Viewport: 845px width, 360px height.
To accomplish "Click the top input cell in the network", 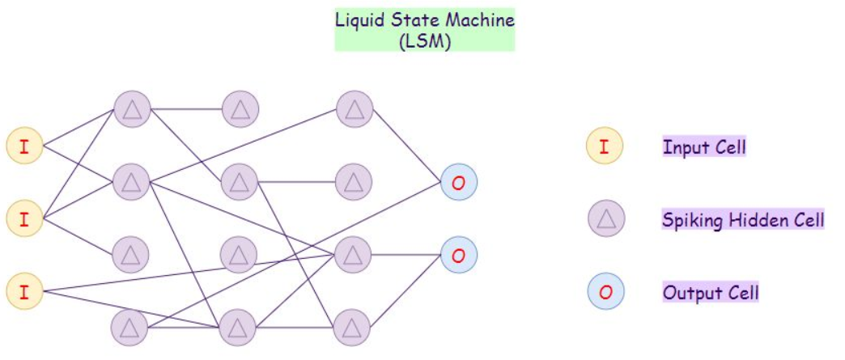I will (23, 146).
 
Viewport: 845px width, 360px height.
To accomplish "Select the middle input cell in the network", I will (23, 217).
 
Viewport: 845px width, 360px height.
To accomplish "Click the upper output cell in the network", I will (459, 184).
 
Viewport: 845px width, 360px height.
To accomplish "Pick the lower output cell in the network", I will (459, 255).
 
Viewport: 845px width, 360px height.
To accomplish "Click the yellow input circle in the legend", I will (605, 146).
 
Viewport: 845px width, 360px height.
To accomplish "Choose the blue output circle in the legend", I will (605, 291).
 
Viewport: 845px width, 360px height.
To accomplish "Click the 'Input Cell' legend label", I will (704, 147).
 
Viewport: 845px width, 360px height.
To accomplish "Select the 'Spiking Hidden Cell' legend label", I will (743, 218).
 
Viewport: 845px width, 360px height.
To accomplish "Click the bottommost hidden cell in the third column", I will (352, 327).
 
